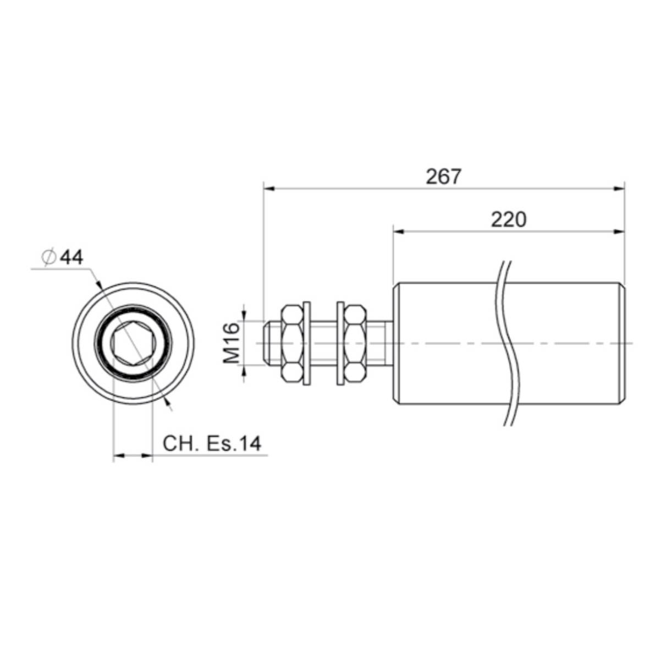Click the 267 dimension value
[443, 177]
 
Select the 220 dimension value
[508, 220]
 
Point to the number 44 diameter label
[71, 257]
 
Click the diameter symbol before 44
[48, 257]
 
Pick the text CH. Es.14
[212, 443]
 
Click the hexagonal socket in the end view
[133, 343]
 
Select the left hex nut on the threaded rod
[292, 343]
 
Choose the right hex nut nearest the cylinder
[355, 343]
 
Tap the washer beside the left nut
[307, 343]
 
